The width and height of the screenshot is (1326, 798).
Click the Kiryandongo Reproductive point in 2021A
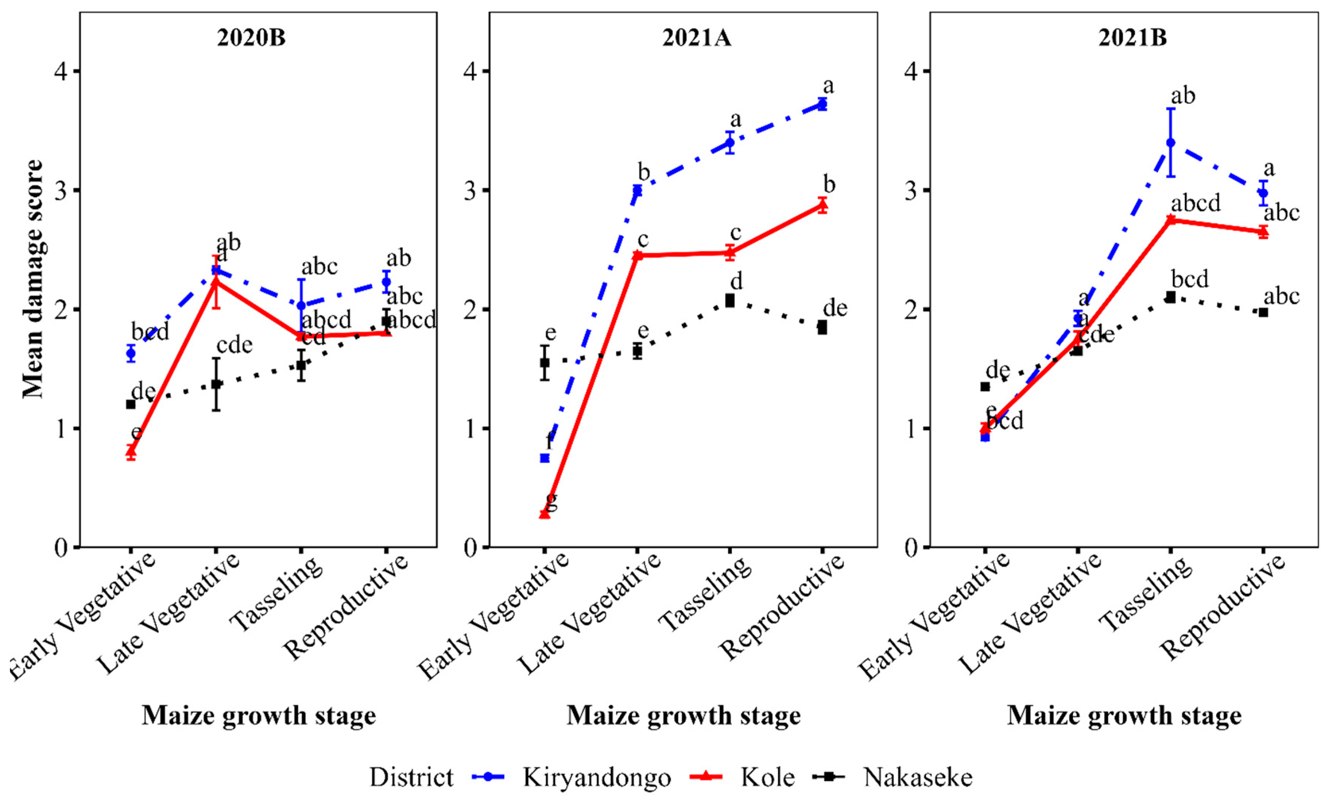click(822, 104)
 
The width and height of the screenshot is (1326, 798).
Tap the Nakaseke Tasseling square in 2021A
click(730, 300)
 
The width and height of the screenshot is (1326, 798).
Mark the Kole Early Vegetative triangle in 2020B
click(131, 452)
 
